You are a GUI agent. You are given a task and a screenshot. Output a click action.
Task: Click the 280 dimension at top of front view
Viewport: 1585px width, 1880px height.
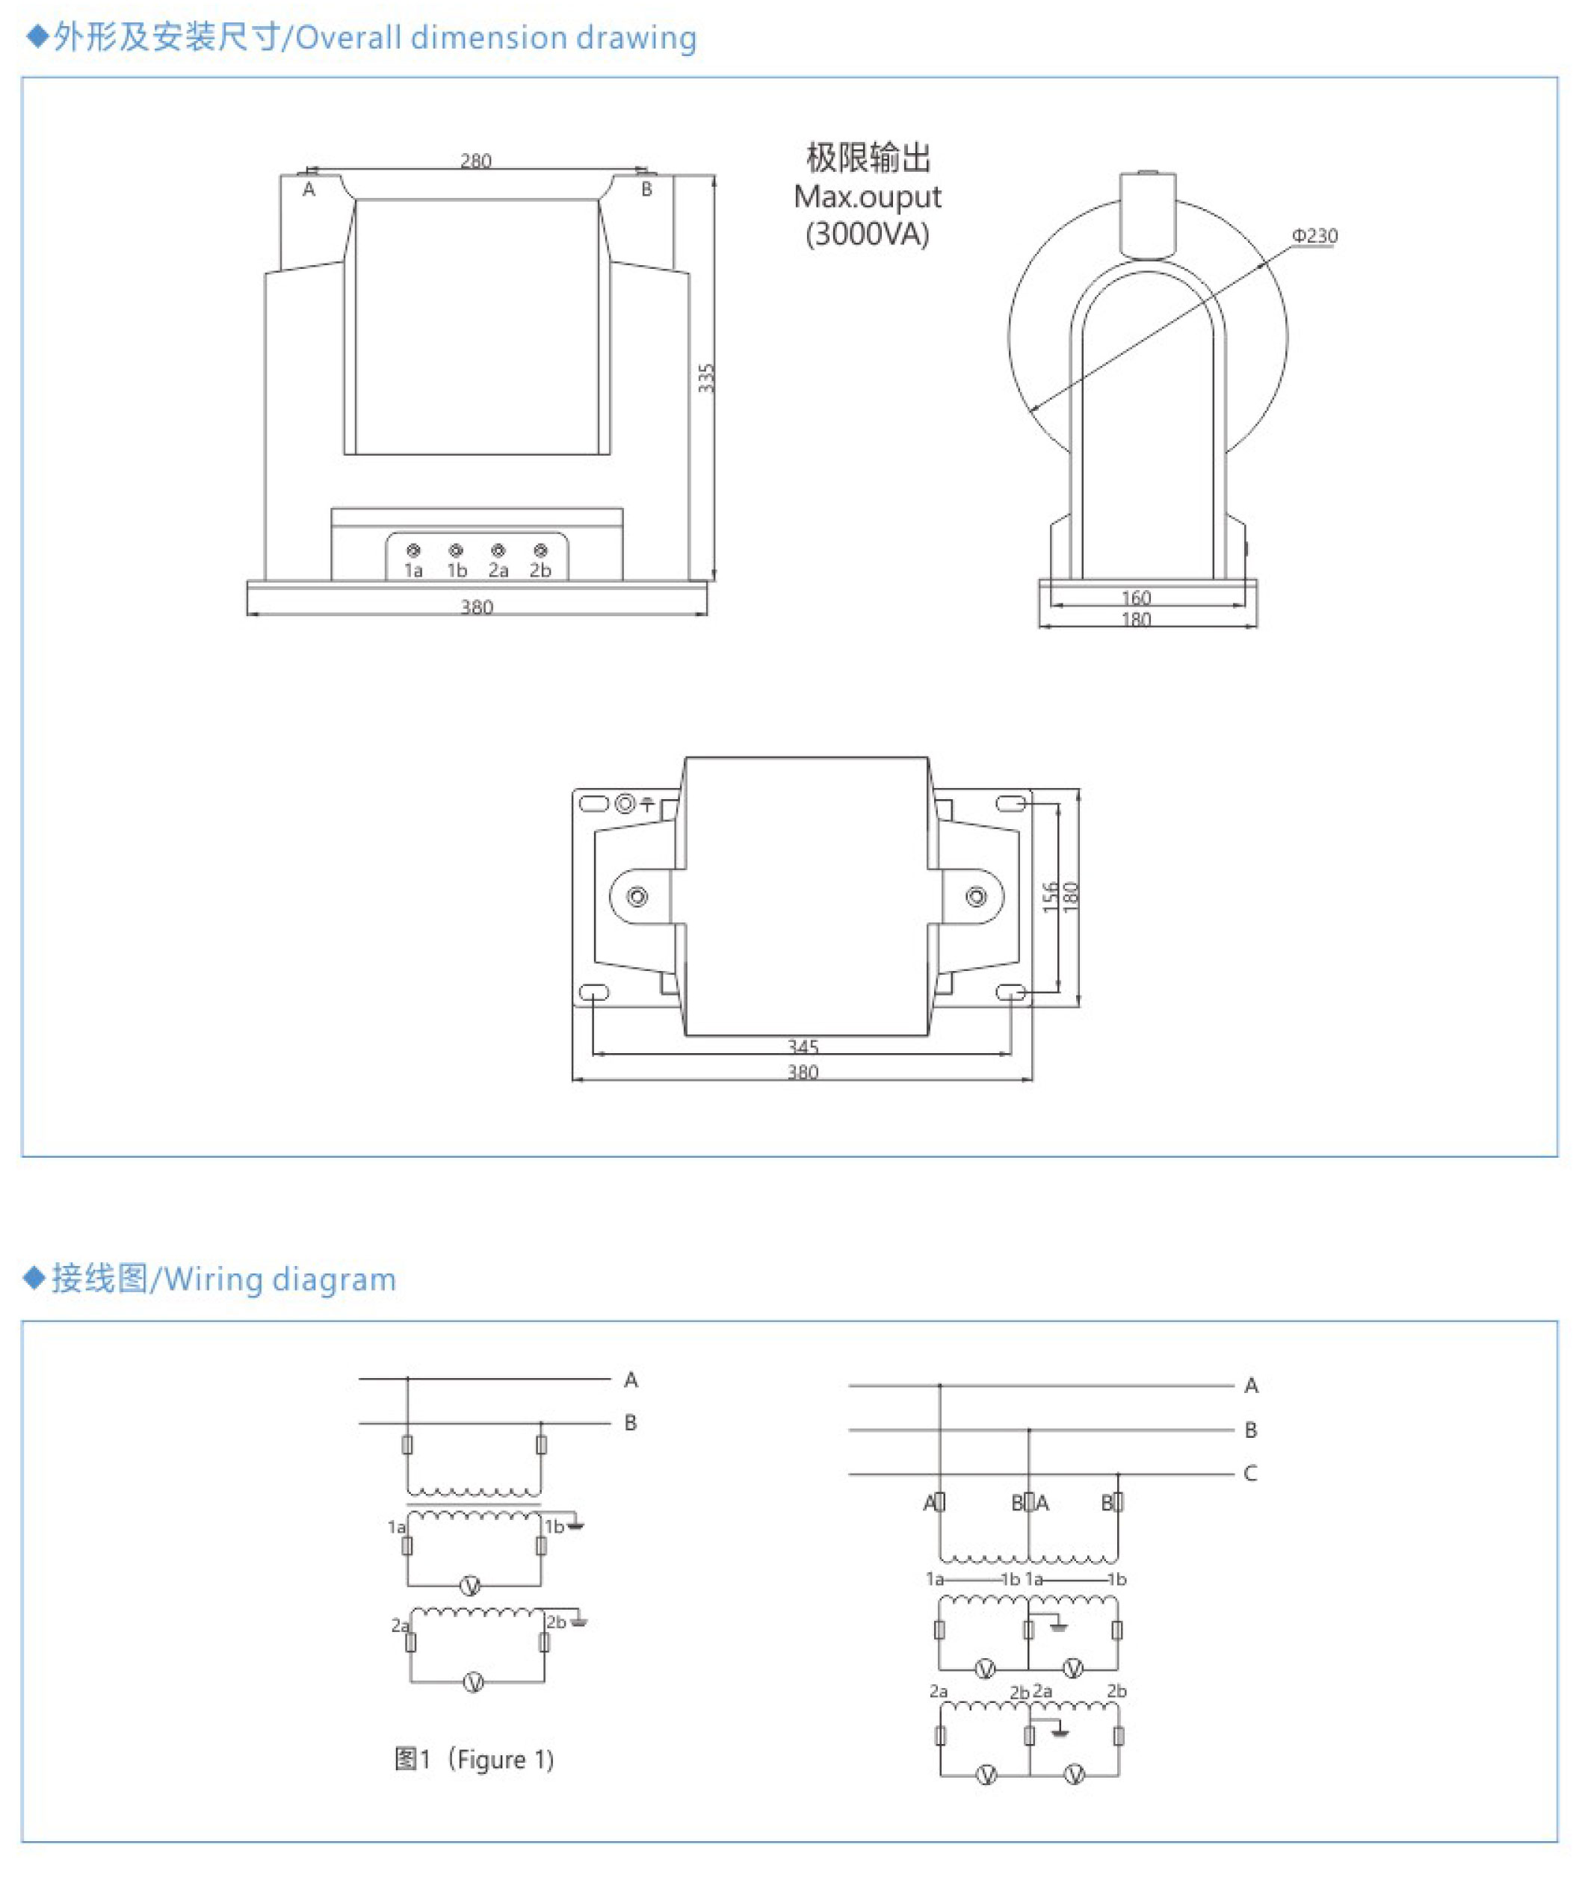click(x=475, y=161)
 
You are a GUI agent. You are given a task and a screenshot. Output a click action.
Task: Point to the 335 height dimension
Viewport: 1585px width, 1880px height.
click(x=706, y=378)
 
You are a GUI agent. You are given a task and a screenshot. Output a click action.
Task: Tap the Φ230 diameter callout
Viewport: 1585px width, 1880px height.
click(x=1314, y=235)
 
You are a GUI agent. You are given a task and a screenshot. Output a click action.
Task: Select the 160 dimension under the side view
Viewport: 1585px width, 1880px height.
click(x=1136, y=598)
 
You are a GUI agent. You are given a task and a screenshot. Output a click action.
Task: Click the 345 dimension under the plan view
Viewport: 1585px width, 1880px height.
click(x=803, y=1046)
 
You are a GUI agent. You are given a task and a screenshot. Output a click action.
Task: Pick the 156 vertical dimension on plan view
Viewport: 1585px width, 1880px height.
click(x=1049, y=897)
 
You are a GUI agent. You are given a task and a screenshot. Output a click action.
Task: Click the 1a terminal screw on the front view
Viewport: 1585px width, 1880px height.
click(x=413, y=550)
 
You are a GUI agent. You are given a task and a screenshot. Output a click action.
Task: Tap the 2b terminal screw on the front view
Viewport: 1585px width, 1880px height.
click(x=540, y=550)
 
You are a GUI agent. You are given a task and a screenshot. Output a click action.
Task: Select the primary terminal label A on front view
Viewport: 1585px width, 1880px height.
click(x=309, y=190)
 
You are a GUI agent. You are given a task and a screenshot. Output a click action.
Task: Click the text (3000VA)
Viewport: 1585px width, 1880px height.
click(x=867, y=235)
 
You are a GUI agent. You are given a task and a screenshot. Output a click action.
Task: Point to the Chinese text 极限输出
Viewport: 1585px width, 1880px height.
click(x=868, y=158)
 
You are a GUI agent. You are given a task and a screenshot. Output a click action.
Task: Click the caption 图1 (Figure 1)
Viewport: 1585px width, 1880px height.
click(x=475, y=1759)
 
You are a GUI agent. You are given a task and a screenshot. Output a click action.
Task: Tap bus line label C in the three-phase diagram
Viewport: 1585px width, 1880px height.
click(x=1250, y=1473)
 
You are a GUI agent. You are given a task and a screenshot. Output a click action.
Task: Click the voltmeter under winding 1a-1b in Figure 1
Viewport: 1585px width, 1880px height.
click(x=470, y=1586)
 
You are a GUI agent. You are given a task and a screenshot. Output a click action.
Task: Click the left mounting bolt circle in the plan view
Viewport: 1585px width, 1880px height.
click(x=637, y=896)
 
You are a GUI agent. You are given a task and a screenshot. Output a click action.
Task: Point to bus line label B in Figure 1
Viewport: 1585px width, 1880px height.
click(x=630, y=1423)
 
